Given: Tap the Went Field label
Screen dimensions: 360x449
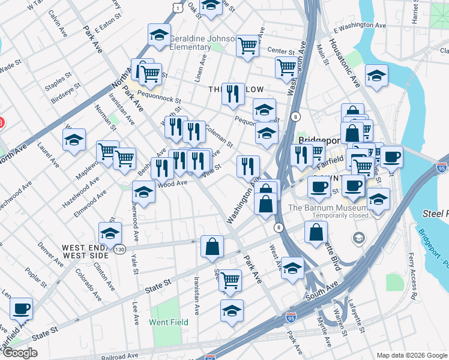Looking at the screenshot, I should point(168,322).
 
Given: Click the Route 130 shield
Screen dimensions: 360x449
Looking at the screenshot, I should point(121,249).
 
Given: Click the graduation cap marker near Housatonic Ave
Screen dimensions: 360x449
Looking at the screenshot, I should point(376,76).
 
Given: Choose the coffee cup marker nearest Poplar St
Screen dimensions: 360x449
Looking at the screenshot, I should point(22,309).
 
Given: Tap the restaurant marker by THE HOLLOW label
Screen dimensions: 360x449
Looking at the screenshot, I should point(233,94).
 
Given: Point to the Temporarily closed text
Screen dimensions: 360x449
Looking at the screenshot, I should point(328,215).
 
